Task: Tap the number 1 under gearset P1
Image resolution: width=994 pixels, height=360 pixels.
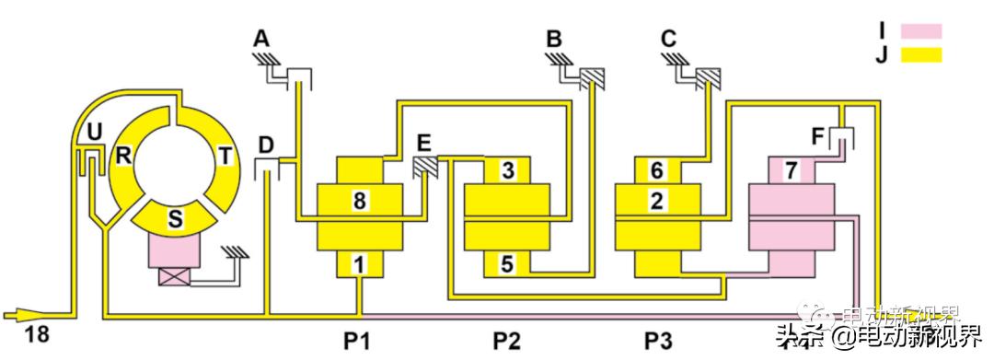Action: pyautogui.click(x=360, y=264)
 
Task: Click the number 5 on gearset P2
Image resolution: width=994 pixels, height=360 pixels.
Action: pyautogui.click(x=506, y=263)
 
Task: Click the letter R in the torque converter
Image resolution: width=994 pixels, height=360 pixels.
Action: pyautogui.click(x=122, y=153)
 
